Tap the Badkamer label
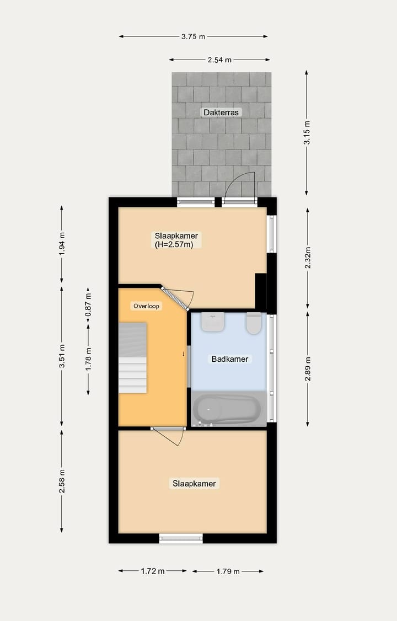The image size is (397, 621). tap(230, 359)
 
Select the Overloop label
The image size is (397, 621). tap(147, 306)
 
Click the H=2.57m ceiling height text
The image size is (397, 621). tap(174, 245)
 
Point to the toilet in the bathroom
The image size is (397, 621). tap(254, 323)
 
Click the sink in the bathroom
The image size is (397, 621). tap(213, 322)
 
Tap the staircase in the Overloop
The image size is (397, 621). tap(132, 358)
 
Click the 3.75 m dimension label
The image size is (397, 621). tap(193, 37)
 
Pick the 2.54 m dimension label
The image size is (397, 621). tap(219, 60)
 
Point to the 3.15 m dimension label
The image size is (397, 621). tap(307, 132)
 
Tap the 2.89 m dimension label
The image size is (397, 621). tap(307, 369)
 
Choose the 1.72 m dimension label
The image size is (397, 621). tap(153, 571)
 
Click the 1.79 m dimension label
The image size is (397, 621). tap(227, 571)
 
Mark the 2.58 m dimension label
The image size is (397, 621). tap(62, 481)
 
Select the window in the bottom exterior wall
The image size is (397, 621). tap(181, 538)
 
